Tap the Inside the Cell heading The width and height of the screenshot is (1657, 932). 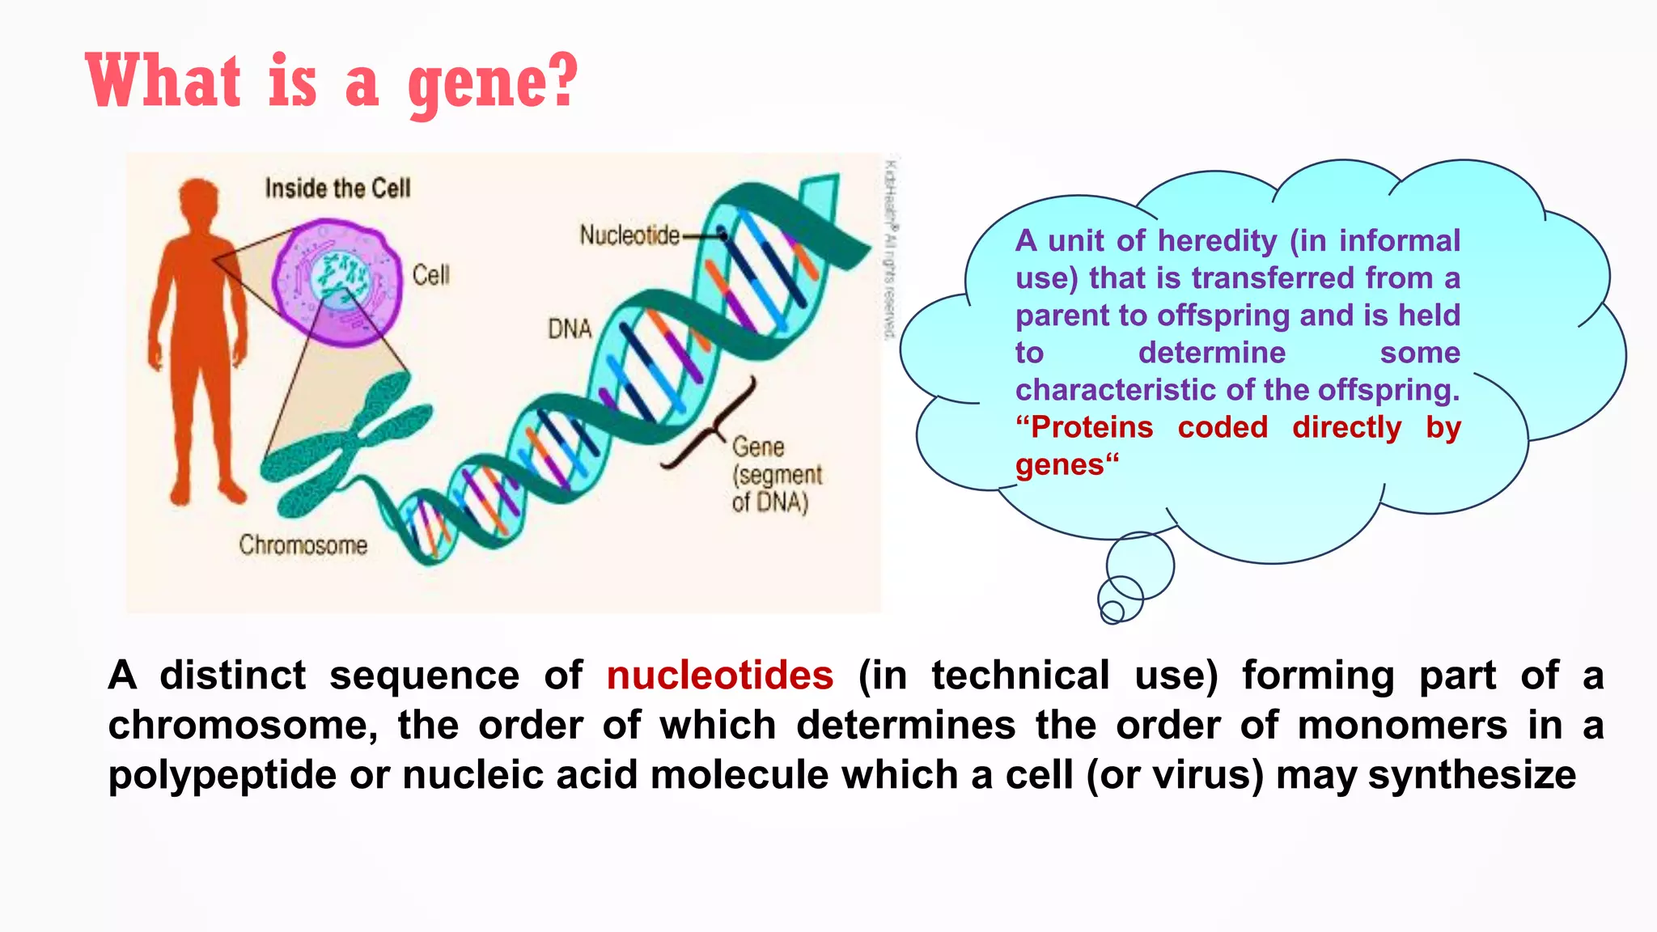pos(337,189)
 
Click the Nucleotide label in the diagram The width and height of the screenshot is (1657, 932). pos(629,235)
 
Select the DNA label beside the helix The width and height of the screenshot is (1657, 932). pos(570,329)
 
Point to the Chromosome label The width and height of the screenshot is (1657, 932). pos(303,545)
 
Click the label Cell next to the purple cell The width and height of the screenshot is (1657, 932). pos(430,275)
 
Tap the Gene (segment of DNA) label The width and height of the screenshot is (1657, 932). pos(775,475)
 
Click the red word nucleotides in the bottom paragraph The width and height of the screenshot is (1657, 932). pos(719,676)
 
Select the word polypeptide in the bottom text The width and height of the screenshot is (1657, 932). pos(222,775)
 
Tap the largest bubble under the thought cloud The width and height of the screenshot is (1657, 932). pos(1140,565)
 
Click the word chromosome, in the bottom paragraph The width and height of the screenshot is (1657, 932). pos(243,726)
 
